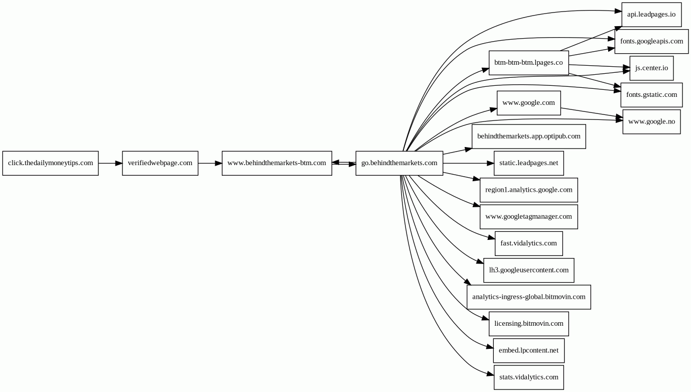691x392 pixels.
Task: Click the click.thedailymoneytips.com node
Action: pyautogui.click(x=51, y=163)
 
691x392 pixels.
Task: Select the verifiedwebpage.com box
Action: pyautogui.click(x=160, y=163)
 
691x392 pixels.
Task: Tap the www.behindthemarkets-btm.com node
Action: pyautogui.click(x=277, y=163)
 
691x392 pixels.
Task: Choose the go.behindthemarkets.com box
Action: pyautogui.click(x=399, y=163)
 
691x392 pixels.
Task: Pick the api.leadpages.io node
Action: pyautogui.click(x=651, y=15)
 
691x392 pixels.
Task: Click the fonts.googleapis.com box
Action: pyautogui.click(x=651, y=42)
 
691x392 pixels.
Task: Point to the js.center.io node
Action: pyautogui.click(x=651, y=68)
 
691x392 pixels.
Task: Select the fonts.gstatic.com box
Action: pyautogui.click(x=651, y=95)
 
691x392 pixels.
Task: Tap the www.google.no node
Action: pyautogui.click(x=651, y=122)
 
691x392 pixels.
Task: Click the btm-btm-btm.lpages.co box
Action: pyautogui.click(x=529, y=63)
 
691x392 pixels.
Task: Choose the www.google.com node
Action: pyautogui.click(x=529, y=103)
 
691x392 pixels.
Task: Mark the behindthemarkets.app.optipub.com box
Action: pyautogui.click(x=529, y=137)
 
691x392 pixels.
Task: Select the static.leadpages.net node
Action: pyautogui.click(x=529, y=163)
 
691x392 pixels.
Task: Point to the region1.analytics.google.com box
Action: pyautogui.click(x=529, y=190)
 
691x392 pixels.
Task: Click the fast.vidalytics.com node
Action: pyautogui.click(x=529, y=243)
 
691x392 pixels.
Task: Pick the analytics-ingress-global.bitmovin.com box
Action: pyautogui.click(x=529, y=297)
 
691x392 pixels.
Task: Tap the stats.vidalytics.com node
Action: pyautogui.click(x=529, y=377)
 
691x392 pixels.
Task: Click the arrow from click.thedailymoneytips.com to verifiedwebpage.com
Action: pyautogui.click(x=110, y=163)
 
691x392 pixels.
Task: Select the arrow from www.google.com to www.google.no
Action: pyautogui.click(x=592, y=112)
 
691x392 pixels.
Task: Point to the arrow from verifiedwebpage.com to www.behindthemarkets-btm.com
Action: pyautogui.click(x=210, y=163)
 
